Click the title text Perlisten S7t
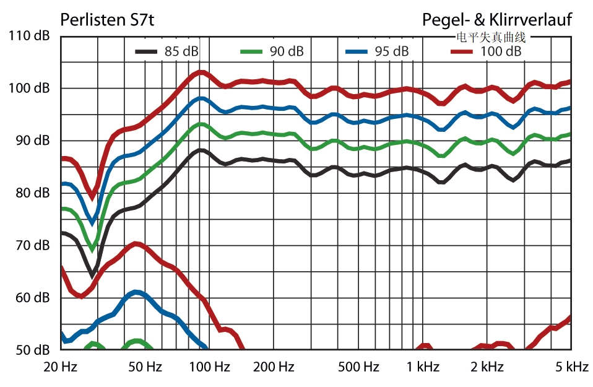pos(107,20)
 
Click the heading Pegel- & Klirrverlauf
pos(497,20)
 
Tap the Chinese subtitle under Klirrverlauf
pos(490,37)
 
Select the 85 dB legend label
pos(181,52)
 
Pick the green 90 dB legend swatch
pos(252,52)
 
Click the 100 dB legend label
pos(501,52)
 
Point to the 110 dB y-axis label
pos(30,36)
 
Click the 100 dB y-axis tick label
pos(30,89)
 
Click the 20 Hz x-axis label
pos(60,367)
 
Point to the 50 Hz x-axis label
pos(144,367)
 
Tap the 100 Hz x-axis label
pos(209,367)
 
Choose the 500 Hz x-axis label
pos(358,367)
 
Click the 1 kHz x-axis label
pos(423,367)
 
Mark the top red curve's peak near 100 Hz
pos(201,72)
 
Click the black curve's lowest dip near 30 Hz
pos(92,274)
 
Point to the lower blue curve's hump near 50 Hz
pos(137,292)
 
